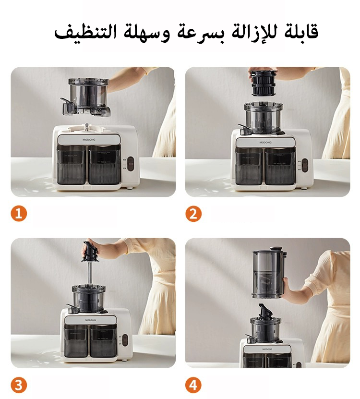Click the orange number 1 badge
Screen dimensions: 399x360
pos(19,214)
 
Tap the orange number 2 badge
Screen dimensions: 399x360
pos(193,214)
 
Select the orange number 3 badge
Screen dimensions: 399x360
pos(19,385)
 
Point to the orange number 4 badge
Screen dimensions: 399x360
pos(193,385)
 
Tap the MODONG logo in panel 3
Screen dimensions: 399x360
pos(90,319)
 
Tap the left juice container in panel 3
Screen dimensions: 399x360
pos(75,341)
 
